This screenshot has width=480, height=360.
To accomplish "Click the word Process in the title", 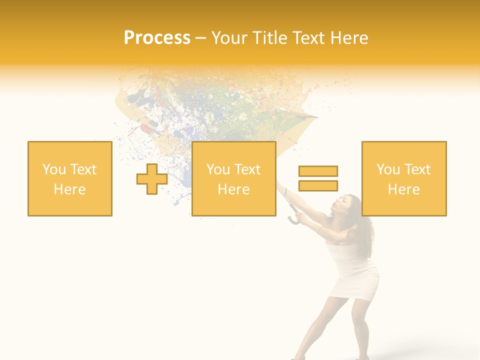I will tap(157, 38).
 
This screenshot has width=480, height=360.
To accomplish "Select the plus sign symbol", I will tap(152, 178).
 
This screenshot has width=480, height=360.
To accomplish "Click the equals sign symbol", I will tap(318, 178).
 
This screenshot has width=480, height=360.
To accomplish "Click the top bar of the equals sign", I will tap(318, 171).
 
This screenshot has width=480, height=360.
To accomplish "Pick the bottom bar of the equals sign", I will tap(318, 185).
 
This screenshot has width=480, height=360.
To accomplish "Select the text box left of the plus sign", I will tap(70, 178).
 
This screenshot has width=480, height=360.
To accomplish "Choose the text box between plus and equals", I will tap(233, 178).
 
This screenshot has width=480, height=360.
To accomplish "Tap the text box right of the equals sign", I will tap(403, 178).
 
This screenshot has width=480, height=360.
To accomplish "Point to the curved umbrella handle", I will tap(294, 218).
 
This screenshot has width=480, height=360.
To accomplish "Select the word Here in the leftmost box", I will tap(70, 189).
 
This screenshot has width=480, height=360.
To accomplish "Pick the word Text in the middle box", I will tap(247, 169).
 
